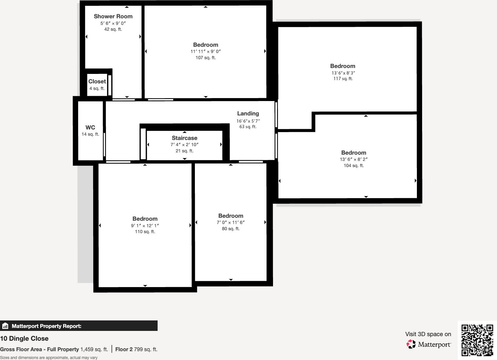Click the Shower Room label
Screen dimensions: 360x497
113,16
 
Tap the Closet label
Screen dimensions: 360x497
97,81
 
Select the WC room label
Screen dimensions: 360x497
90,128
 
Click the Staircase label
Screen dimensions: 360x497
184,138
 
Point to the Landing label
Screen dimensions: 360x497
248,113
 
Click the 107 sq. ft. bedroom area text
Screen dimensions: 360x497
205,58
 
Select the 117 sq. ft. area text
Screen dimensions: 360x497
343,79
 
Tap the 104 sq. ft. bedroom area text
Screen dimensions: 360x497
353,166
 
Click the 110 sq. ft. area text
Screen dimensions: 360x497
145,232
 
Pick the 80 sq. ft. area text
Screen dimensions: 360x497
231,229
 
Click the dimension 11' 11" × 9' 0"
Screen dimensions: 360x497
205,51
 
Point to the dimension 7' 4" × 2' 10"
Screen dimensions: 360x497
184,145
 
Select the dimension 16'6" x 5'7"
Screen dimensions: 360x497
248,121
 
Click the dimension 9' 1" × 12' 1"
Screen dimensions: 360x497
145,226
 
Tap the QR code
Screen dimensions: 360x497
477,340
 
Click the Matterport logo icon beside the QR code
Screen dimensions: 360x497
411,344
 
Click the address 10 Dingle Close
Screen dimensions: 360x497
24,338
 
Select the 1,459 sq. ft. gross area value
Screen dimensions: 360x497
94,349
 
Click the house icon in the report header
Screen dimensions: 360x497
5,326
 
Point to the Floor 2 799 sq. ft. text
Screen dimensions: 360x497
136,349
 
